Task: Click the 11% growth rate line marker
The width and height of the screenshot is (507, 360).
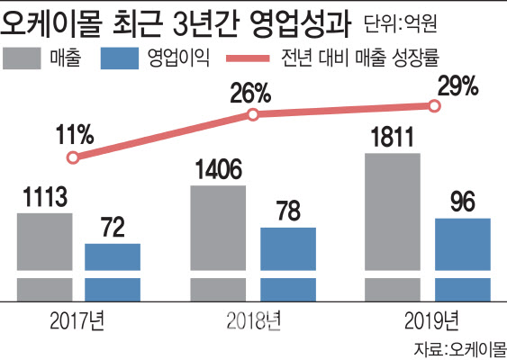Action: [73, 157]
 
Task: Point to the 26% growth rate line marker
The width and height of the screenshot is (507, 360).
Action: [253, 114]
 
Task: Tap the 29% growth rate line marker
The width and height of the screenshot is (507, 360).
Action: [435, 105]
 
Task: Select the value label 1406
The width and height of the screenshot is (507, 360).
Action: [219, 169]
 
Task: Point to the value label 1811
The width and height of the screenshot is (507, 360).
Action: [393, 138]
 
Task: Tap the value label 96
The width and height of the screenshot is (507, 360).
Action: [462, 202]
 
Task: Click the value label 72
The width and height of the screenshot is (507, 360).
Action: [113, 228]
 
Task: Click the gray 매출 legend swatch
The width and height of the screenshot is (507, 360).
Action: [28, 59]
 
